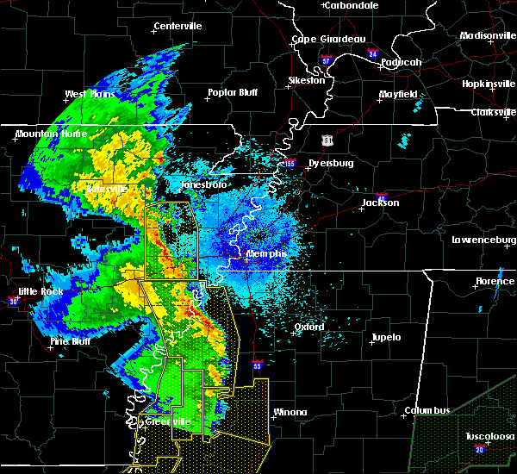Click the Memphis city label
pyautogui.click(x=265, y=253)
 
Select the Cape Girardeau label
pyautogui.click(x=328, y=39)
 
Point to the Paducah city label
pyautogui.click(x=401, y=62)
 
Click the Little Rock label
pyautogui.click(x=40, y=291)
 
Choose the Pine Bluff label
pyautogui.click(x=72, y=341)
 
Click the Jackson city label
pyautogui.click(x=380, y=203)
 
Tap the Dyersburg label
pyautogui.click(x=331, y=162)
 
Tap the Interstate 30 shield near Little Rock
pyautogui.click(x=12, y=301)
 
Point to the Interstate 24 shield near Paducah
pyautogui.click(x=372, y=53)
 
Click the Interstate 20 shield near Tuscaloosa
pyautogui.click(x=479, y=449)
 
